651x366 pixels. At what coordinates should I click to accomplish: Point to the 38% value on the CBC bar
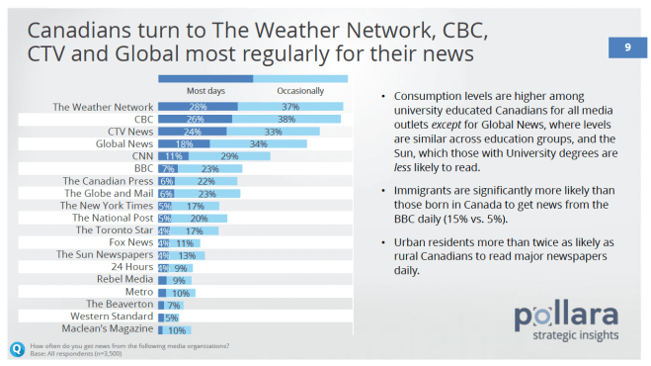287,119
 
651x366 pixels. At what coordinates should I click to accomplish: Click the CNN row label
141,156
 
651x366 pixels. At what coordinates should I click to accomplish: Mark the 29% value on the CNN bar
229,156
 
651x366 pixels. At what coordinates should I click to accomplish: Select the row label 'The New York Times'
107,206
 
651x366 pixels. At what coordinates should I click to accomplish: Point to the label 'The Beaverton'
121,305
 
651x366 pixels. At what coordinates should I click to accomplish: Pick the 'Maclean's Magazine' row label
109,330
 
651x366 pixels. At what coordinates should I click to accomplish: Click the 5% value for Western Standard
171,318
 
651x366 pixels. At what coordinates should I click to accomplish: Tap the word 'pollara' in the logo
567,317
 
